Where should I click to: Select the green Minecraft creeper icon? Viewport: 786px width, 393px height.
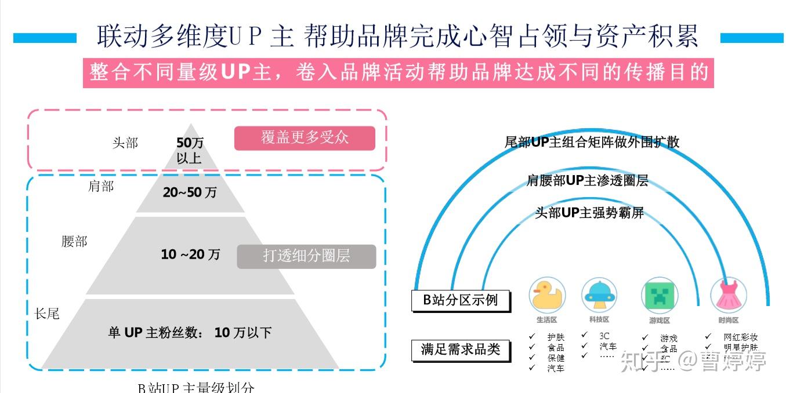click(x=659, y=295)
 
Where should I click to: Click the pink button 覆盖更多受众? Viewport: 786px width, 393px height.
click(x=305, y=138)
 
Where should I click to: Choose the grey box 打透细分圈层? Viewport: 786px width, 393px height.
click(x=306, y=256)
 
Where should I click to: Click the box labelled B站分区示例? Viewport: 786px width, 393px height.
click(x=461, y=301)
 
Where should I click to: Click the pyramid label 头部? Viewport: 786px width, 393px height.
click(x=125, y=143)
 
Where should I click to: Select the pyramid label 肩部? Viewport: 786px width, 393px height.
click(x=101, y=186)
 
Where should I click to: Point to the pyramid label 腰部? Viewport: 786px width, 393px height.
click(x=74, y=241)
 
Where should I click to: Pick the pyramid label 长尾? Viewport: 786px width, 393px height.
click(x=47, y=314)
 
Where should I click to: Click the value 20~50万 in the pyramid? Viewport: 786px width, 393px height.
click(x=190, y=192)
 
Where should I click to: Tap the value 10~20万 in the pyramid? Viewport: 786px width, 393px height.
click(x=190, y=254)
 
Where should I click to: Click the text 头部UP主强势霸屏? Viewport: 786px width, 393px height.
click(x=589, y=213)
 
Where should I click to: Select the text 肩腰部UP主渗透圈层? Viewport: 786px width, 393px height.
click(x=587, y=181)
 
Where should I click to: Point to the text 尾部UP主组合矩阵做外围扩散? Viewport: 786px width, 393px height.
click(x=592, y=142)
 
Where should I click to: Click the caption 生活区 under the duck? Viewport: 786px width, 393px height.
click(x=546, y=320)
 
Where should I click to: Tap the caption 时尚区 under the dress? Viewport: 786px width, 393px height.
click(x=728, y=321)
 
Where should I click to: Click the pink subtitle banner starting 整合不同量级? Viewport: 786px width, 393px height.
click(x=399, y=73)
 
